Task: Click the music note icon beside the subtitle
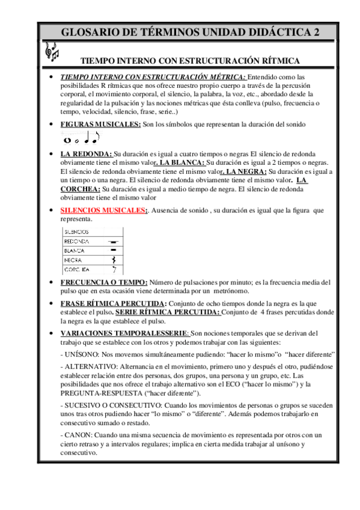point(52,52)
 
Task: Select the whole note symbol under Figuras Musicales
point(67,140)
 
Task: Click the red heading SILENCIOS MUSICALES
point(102,210)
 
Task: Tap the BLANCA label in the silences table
point(75,250)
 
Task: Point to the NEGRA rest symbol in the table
point(112,259)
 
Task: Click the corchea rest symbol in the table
point(112,269)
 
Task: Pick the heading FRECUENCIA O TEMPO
point(104,282)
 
